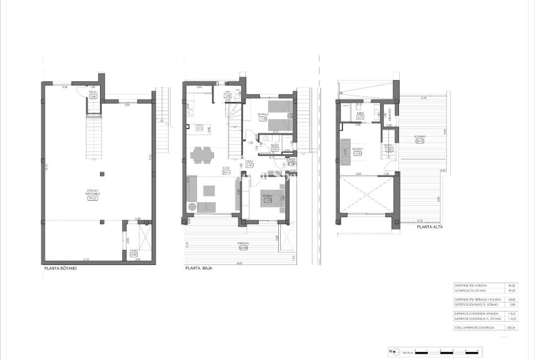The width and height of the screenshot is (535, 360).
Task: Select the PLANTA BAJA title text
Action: point(198,267)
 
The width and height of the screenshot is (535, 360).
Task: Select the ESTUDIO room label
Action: point(358,149)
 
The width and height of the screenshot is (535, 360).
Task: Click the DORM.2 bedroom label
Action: point(263,115)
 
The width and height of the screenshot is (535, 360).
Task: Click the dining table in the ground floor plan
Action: point(201,153)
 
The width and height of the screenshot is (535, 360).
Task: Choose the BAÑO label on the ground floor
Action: point(275,146)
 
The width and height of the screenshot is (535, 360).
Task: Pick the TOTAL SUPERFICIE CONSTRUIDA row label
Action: point(473,328)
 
